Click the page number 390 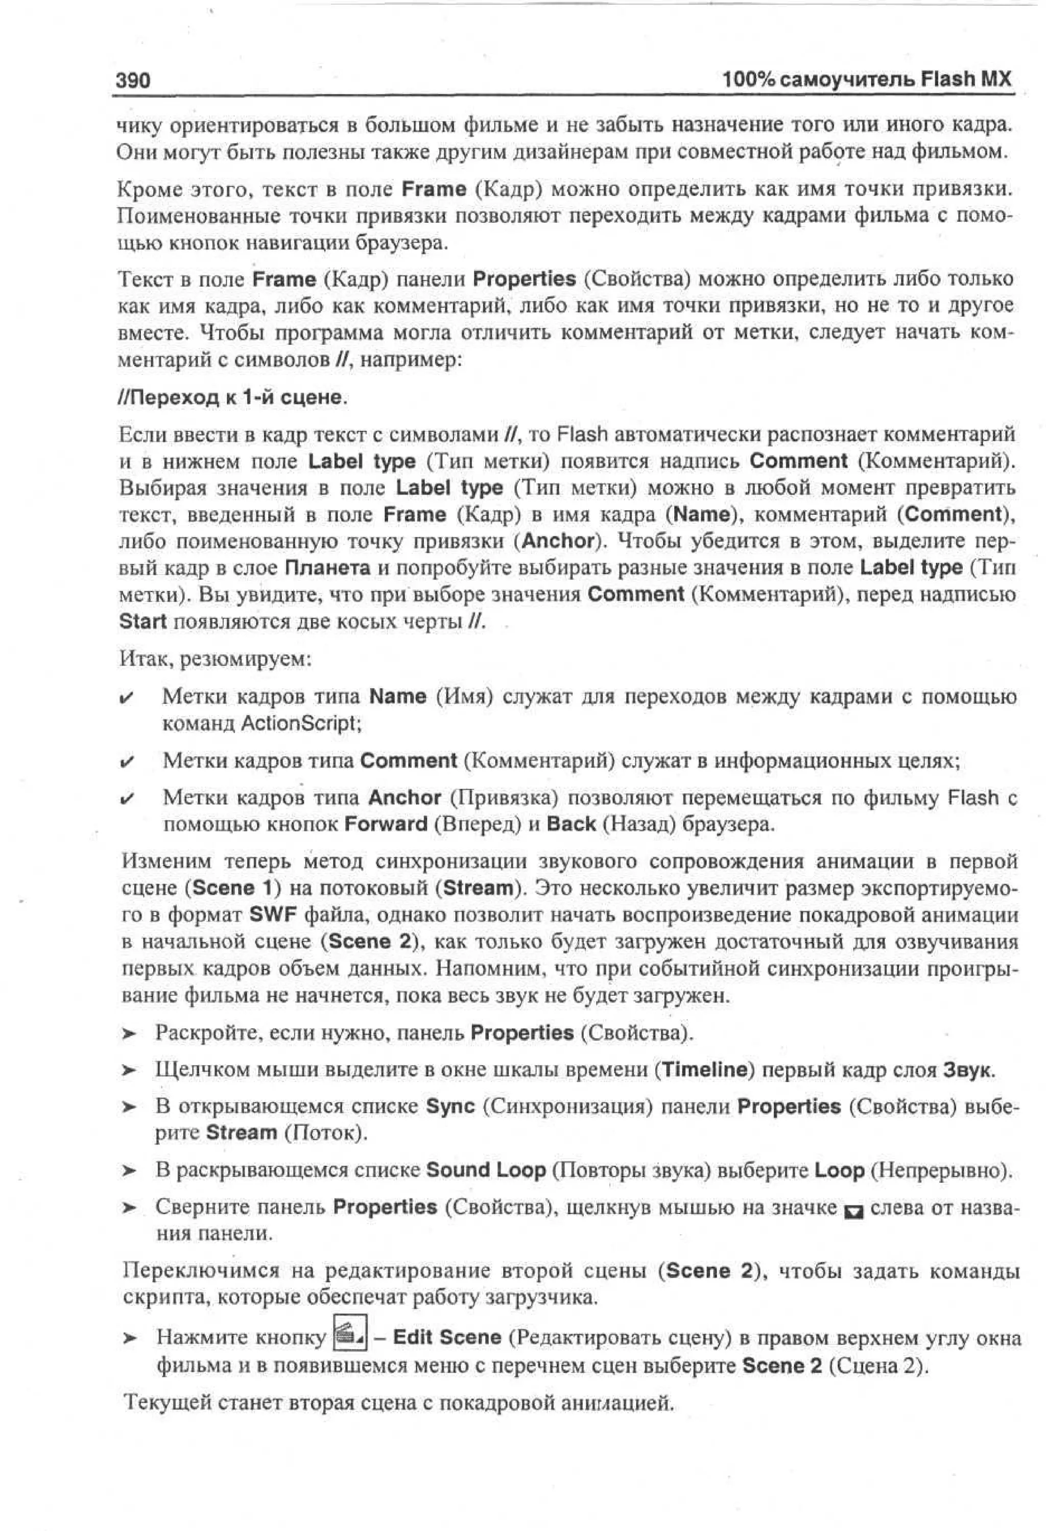point(133,80)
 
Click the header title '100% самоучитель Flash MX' point(866,79)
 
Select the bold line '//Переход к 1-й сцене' point(230,397)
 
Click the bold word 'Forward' point(386,824)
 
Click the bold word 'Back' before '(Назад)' point(571,824)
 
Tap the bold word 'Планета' point(327,568)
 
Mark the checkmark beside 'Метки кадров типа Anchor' point(127,799)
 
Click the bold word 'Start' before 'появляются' point(142,621)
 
